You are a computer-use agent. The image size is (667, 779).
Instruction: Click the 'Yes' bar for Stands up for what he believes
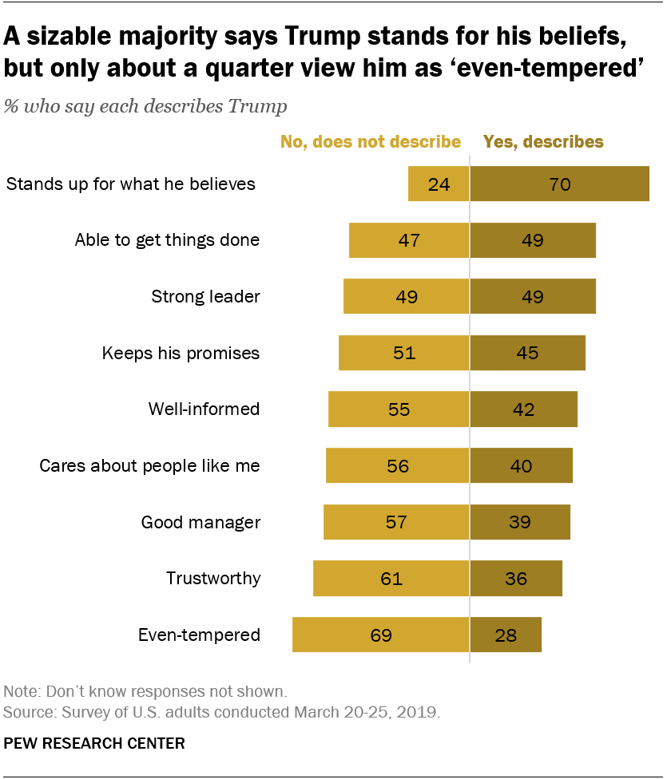pyautogui.click(x=559, y=184)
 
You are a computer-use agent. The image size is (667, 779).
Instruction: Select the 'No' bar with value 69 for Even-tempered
pyautogui.click(x=380, y=635)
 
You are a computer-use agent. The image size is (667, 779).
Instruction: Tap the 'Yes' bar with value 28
pyautogui.click(x=506, y=635)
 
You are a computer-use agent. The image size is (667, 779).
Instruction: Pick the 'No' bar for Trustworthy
pyautogui.click(x=391, y=579)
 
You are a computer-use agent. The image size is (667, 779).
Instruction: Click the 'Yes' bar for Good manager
pyautogui.click(x=520, y=523)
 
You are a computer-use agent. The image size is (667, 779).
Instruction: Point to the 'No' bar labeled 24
pyautogui.click(x=439, y=184)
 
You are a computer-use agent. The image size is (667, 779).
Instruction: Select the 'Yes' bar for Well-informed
pyautogui.click(x=523, y=409)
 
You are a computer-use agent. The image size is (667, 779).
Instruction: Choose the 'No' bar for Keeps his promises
pyautogui.click(x=403, y=353)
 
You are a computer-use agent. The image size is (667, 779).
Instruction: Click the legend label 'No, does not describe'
pyautogui.click(x=370, y=142)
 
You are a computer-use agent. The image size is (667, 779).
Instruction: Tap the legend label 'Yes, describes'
pyautogui.click(x=544, y=142)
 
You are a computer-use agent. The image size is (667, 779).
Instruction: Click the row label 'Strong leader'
pyautogui.click(x=205, y=297)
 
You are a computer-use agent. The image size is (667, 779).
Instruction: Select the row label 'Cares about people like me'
pyautogui.click(x=149, y=466)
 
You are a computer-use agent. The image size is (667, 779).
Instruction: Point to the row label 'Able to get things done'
pyautogui.click(x=167, y=240)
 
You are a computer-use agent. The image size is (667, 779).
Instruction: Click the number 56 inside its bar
pyautogui.click(x=397, y=466)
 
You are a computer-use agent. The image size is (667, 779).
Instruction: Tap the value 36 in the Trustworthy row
pyautogui.click(x=516, y=579)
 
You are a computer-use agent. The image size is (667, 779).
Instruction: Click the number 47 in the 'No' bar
pyautogui.click(x=409, y=240)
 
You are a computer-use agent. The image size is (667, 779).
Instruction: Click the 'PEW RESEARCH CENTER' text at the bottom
pyautogui.click(x=94, y=743)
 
